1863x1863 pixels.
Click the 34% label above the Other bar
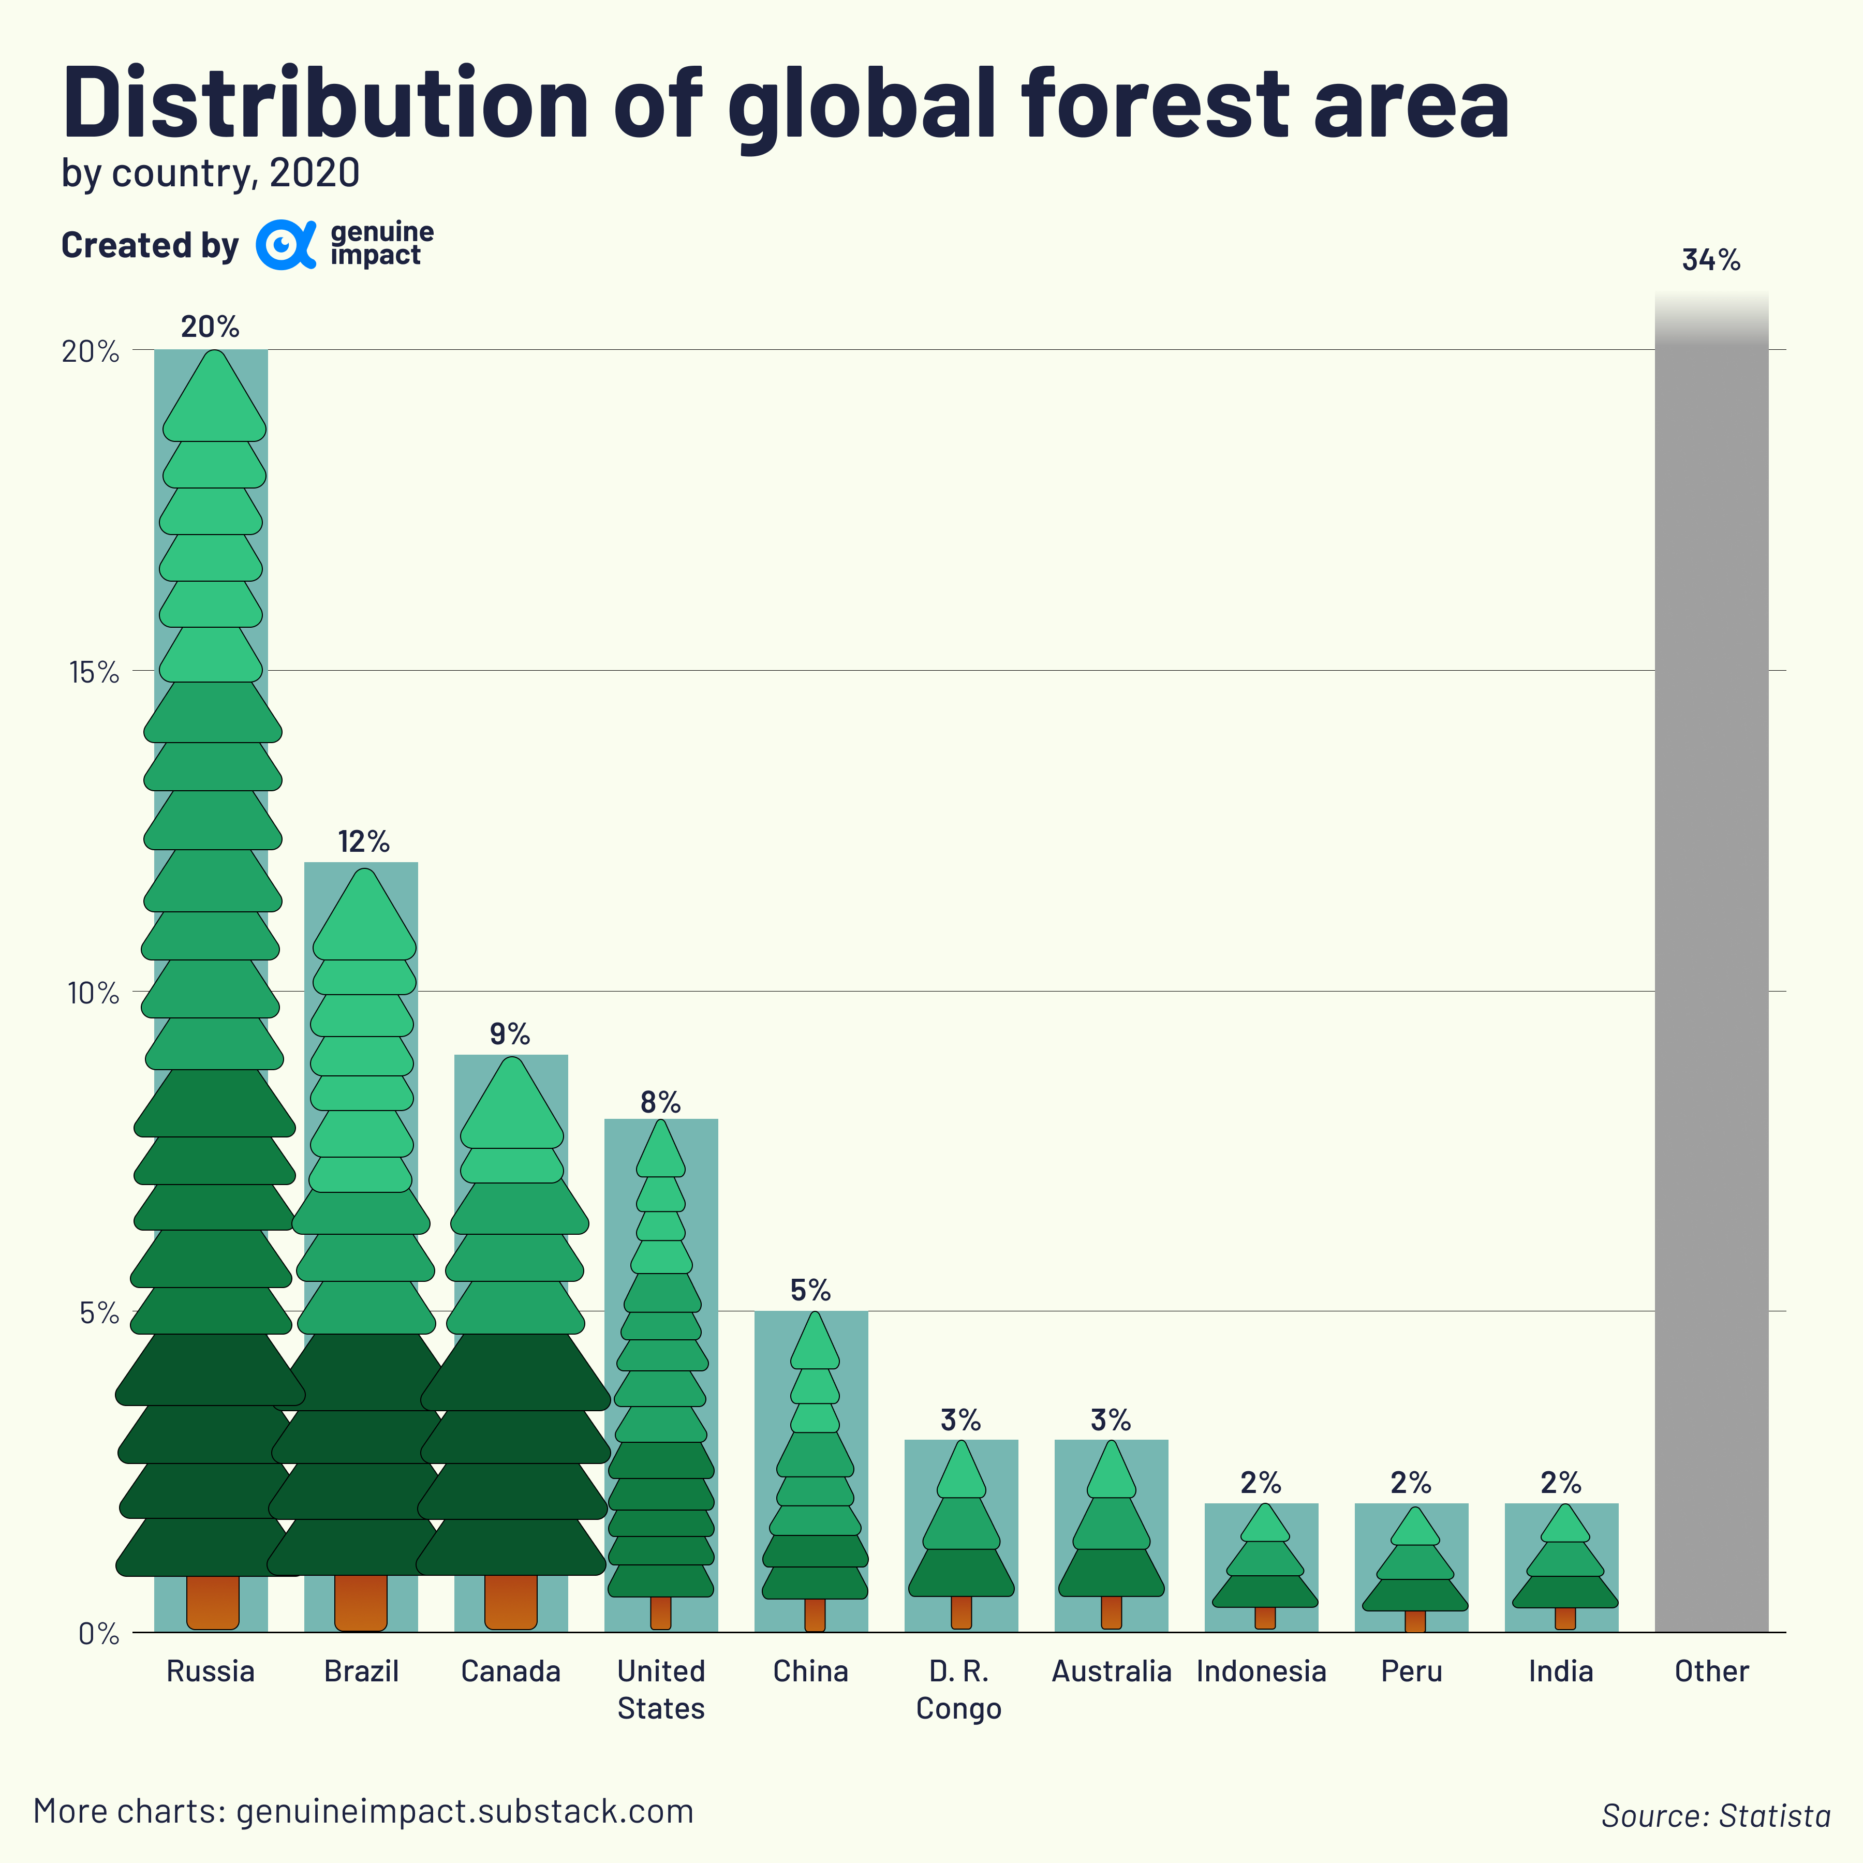[x=1711, y=260]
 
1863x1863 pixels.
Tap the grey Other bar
[x=1711, y=964]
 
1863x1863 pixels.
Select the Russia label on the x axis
[x=210, y=1671]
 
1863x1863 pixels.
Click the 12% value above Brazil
[x=363, y=842]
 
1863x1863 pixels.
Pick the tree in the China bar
[x=815, y=1466]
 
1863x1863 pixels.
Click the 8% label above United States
[x=660, y=1102]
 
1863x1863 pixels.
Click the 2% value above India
[x=1560, y=1482]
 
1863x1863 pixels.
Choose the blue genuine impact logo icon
[x=285, y=245]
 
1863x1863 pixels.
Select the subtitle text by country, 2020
[x=210, y=173]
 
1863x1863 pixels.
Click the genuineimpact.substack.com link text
[x=465, y=1811]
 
